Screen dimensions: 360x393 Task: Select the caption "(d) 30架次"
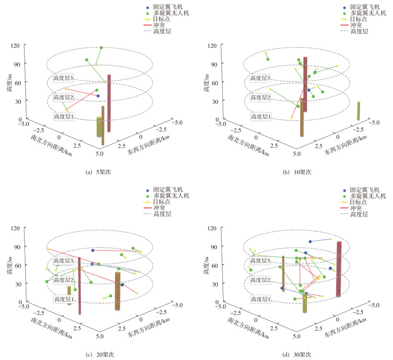click(x=294, y=355)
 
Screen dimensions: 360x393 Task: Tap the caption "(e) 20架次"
click(x=98, y=355)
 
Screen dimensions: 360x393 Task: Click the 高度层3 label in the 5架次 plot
click(x=63, y=78)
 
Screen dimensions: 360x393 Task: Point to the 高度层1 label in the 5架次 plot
click(x=63, y=116)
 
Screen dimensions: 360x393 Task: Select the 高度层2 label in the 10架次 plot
click(x=259, y=97)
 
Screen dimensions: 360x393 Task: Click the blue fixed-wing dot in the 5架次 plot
click(x=98, y=96)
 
